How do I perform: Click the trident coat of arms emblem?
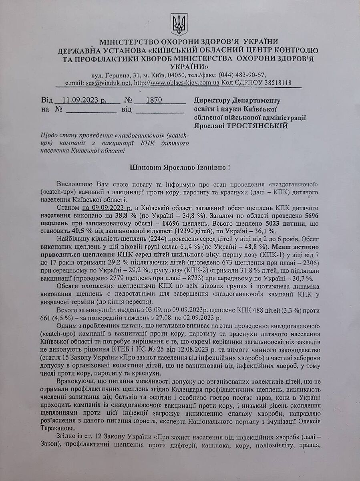tap(179, 24)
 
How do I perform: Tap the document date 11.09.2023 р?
tap(85, 100)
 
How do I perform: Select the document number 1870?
tap(154, 100)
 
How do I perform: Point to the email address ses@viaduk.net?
tap(108, 83)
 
